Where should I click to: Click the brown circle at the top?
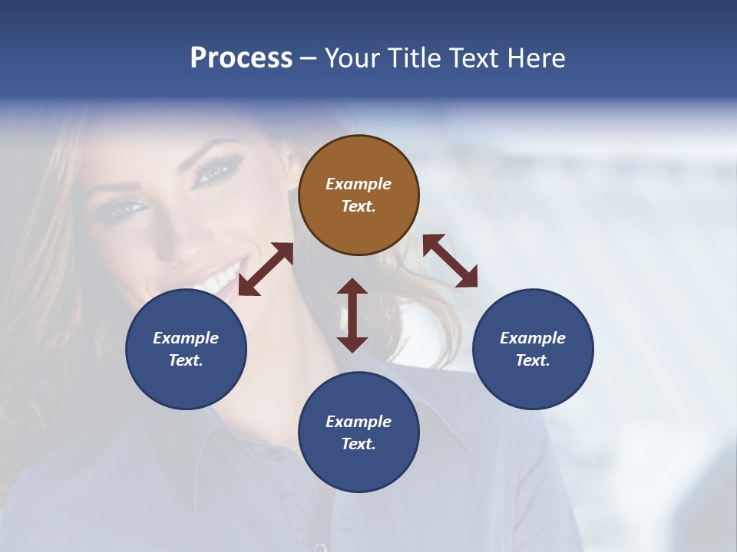pos(359,195)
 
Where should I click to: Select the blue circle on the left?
pos(186,349)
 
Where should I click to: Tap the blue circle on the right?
pos(533,349)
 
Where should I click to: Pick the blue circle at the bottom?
pos(359,432)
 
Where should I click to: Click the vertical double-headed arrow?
pos(352,315)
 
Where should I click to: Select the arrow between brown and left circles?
pos(266,269)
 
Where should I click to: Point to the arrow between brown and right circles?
pos(450,261)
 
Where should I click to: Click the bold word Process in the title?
pos(241,58)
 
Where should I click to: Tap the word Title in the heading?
pos(414,58)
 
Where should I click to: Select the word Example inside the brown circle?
pos(359,184)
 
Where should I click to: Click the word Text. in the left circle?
pos(186,360)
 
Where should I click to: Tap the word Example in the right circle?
pos(533,338)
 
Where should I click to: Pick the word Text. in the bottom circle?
pos(359,444)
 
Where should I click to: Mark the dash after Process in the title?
pos(308,58)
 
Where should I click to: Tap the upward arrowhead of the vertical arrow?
pos(352,287)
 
